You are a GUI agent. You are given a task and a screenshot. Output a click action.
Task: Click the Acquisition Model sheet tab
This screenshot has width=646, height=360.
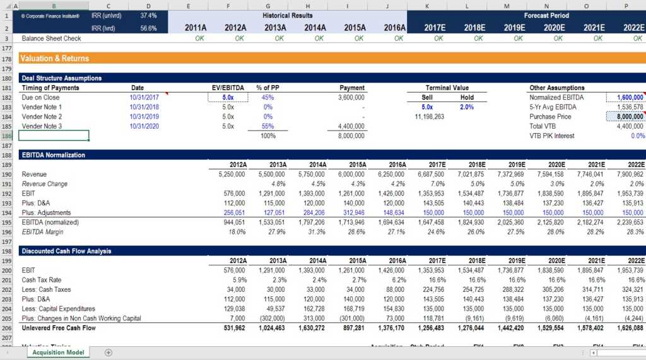point(57,352)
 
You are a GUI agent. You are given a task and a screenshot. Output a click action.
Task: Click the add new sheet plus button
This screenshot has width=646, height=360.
point(109,352)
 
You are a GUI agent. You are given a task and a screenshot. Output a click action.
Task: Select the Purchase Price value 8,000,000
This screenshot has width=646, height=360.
point(626,117)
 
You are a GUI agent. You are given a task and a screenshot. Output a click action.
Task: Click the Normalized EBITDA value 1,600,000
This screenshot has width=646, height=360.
point(626,98)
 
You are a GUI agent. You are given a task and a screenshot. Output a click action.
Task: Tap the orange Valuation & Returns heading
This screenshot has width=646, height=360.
point(54,59)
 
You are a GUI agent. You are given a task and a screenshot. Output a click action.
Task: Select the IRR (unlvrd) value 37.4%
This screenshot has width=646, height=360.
point(149,15)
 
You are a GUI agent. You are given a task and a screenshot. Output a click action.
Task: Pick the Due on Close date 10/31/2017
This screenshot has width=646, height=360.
point(144,98)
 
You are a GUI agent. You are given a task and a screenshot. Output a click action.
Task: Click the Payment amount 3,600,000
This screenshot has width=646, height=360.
point(351,98)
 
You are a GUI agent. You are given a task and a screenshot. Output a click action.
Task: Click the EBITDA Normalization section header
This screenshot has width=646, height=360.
point(53,155)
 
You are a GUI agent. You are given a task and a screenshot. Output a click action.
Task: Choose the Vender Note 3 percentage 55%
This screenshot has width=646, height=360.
point(268,126)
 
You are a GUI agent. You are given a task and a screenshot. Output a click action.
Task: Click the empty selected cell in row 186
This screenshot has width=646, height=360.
point(54,136)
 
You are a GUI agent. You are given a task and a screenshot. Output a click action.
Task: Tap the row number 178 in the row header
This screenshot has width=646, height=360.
point(7,59)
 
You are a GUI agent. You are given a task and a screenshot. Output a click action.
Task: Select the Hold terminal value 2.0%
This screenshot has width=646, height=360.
point(467,107)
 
